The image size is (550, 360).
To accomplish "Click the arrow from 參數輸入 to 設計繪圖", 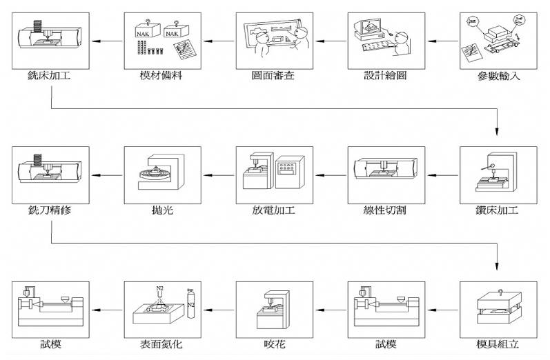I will click(x=442, y=42).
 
